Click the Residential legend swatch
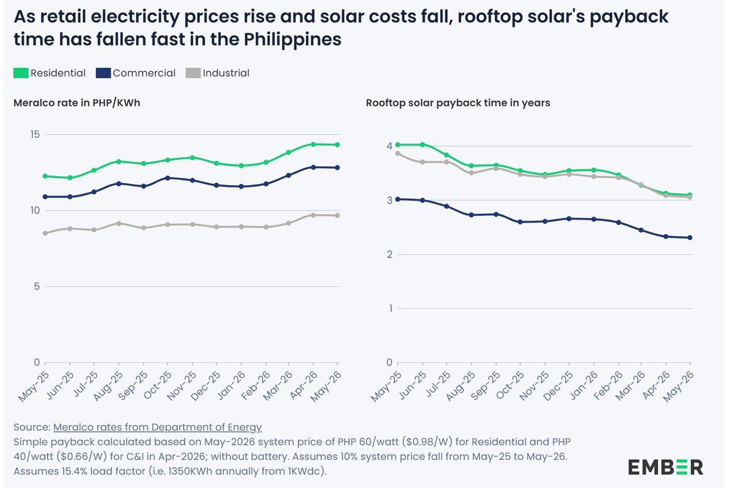(21, 73)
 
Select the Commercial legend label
(144, 73)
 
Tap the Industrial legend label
(226, 73)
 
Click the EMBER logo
(665, 467)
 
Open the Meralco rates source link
(157, 427)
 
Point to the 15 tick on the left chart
(35, 135)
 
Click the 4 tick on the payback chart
(389, 146)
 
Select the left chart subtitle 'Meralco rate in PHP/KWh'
(76, 103)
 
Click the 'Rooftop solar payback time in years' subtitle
(458, 103)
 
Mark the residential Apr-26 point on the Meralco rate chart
(313, 144)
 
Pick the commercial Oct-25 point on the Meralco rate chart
(168, 178)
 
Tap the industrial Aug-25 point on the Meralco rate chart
(119, 223)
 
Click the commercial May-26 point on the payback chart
(690, 238)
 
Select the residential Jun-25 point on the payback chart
(423, 145)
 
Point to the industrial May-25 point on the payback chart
(398, 153)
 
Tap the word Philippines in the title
(292, 40)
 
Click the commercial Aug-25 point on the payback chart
(472, 215)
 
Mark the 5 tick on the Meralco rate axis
(37, 287)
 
